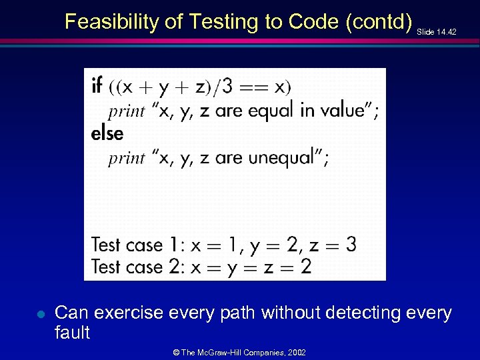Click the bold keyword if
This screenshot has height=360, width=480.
97,85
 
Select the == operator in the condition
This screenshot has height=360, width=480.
255,87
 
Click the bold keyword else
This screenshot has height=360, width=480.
107,133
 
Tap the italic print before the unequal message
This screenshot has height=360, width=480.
127,158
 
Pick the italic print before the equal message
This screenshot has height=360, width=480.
127,111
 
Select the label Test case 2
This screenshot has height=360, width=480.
136,267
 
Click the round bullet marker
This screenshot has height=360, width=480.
41,313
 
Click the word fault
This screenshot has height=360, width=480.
72,333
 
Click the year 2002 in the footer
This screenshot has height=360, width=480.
296,351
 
